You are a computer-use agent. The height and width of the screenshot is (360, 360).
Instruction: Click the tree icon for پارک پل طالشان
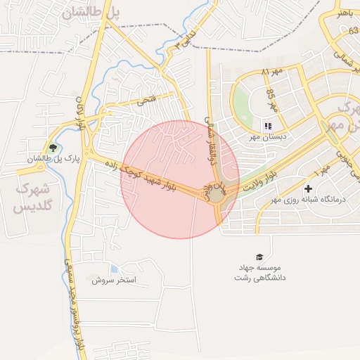tap(52, 148)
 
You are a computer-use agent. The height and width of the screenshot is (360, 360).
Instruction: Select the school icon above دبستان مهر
tap(268, 127)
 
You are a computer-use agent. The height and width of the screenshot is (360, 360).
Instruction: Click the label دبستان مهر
tap(268, 139)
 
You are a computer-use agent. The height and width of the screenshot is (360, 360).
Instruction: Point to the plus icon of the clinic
tap(308, 188)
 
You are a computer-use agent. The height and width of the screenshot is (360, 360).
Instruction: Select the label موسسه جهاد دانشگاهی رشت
tap(260, 273)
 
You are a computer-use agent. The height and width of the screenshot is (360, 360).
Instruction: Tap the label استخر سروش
tap(118, 281)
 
